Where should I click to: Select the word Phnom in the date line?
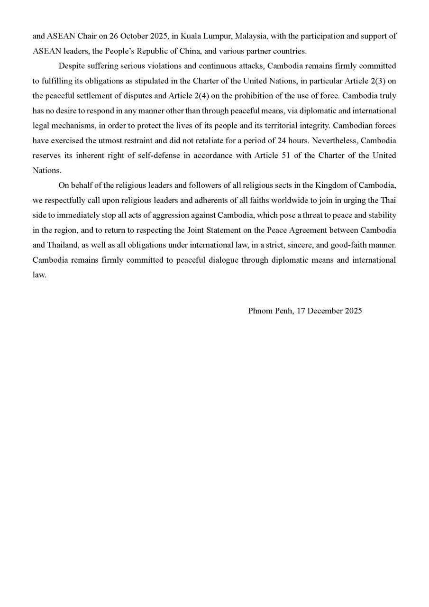point(258,311)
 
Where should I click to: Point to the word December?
point(325,311)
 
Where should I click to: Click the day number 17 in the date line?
point(301,311)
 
